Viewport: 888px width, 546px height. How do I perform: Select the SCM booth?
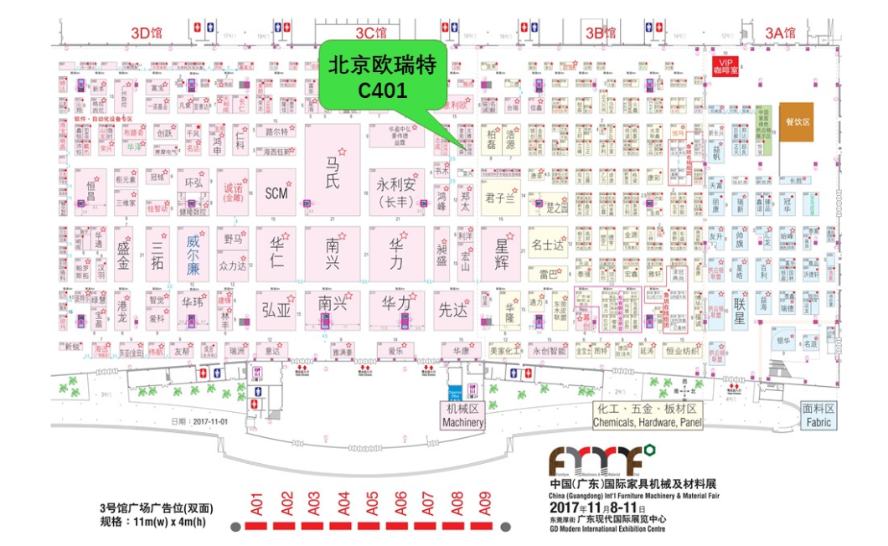[276, 193]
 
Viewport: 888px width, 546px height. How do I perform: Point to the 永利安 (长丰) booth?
[396, 192]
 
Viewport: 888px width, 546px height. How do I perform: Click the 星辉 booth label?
[503, 252]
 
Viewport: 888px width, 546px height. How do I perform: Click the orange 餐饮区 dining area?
[797, 122]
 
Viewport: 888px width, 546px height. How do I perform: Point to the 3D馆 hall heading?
[147, 33]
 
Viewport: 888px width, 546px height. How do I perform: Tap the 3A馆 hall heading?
[780, 33]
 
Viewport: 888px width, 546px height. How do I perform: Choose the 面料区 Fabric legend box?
[818, 415]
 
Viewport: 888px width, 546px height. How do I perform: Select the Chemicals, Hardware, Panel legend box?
[648, 415]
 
